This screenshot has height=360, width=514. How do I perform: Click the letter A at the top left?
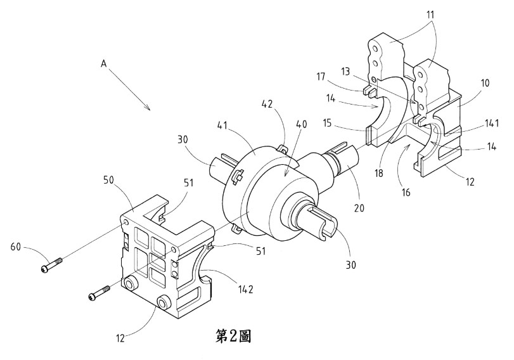point(103,63)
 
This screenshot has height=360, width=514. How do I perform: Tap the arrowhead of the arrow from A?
point(149,108)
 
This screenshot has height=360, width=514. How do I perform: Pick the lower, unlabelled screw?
point(100,293)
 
